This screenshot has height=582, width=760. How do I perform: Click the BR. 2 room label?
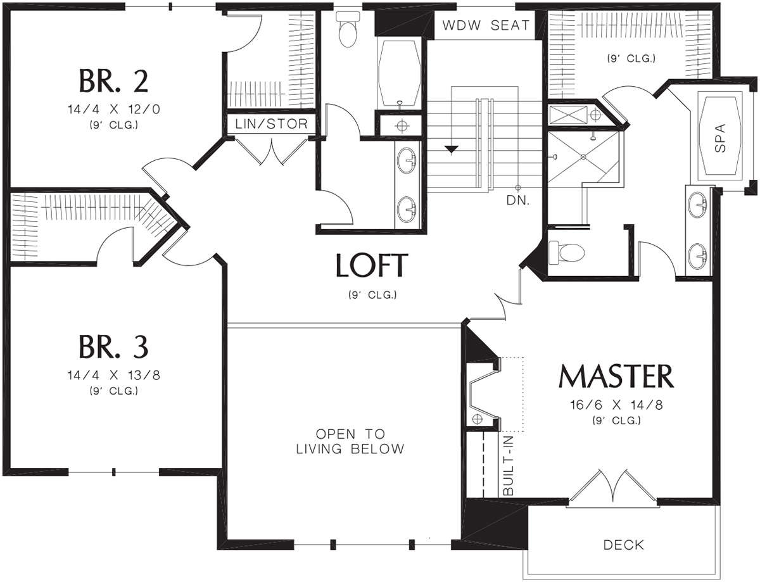tap(113, 81)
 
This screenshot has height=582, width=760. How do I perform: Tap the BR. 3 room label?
tap(113, 346)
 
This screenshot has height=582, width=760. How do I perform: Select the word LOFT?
tap(372, 265)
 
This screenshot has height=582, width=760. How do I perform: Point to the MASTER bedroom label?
tap(616, 376)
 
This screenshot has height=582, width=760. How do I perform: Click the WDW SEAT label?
tap(486, 25)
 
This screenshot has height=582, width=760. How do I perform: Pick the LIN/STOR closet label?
tap(272, 123)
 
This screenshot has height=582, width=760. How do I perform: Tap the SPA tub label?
tap(720, 137)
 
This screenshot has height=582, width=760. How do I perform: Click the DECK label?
tap(624, 545)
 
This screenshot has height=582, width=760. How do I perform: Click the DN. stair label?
tap(518, 201)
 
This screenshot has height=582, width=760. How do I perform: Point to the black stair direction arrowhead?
tap(452, 149)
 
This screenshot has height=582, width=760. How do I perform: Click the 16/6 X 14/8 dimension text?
tap(616, 405)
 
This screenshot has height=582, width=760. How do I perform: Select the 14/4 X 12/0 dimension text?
tap(113, 110)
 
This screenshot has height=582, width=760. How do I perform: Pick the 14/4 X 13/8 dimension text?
tap(113, 375)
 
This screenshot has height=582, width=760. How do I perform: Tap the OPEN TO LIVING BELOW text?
tap(350, 441)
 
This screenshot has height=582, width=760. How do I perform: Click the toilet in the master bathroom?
tap(566, 252)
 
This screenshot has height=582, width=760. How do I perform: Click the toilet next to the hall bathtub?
tap(348, 29)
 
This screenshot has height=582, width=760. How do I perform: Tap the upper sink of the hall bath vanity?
tap(407, 161)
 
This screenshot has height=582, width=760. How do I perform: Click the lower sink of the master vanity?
tap(698, 256)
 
